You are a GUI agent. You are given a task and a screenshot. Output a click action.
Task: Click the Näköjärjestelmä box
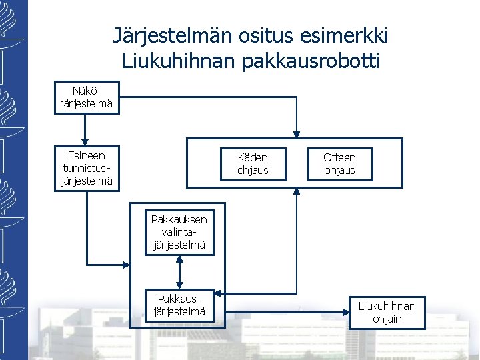[x=87, y=97]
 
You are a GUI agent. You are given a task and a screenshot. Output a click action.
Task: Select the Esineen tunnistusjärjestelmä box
[x=87, y=169]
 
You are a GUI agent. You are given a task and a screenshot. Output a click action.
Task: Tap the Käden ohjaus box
[x=253, y=164]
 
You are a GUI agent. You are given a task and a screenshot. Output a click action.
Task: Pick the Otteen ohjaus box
[x=339, y=164]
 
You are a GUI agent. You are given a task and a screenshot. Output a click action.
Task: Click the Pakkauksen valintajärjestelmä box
[x=179, y=232]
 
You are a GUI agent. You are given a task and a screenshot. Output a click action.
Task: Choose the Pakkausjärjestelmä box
[x=179, y=304]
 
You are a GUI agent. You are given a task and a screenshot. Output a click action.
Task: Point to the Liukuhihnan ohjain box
[x=387, y=312]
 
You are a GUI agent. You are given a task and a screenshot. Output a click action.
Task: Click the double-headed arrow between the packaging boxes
[x=179, y=271]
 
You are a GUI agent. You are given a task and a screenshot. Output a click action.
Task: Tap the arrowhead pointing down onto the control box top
[x=297, y=134]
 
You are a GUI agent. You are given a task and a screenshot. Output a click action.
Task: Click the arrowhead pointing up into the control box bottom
[x=297, y=192]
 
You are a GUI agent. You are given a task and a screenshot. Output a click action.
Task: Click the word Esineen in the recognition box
[x=87, y=155]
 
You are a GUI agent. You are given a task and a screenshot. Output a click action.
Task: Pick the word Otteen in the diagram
[x=339, y=158]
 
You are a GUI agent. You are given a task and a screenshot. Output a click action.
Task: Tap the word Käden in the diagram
[x=253, y=158]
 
